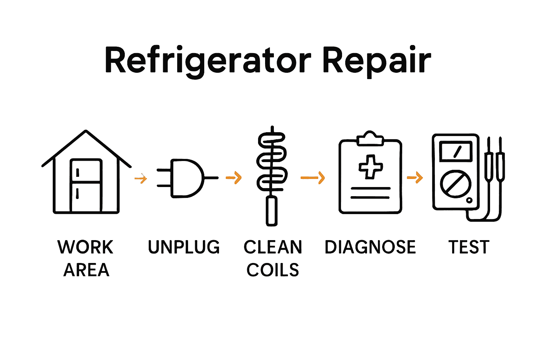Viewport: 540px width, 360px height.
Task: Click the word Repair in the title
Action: pos(377,60)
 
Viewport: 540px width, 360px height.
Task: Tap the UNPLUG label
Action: pos(184,247)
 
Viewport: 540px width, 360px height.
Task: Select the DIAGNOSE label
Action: pos(370,247)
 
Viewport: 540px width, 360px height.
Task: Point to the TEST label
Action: pos(469,247)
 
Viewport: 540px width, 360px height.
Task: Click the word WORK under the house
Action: pos(85,247)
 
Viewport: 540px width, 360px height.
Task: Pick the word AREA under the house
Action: pos(86,270)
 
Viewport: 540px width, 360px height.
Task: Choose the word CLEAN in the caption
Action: pos(273,247)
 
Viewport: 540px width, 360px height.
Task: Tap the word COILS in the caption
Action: pos(273,270)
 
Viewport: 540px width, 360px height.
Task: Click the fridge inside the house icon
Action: pos(86,185)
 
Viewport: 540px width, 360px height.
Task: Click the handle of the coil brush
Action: pos(271,211)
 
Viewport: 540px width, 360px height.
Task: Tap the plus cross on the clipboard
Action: pos(371,166)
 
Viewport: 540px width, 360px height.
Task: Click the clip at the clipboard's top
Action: pos(370,139)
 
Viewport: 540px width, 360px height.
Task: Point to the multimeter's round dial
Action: pos(456,184)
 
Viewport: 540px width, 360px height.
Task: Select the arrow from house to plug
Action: pos(141,178)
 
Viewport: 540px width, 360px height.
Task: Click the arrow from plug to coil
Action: pos(234,177)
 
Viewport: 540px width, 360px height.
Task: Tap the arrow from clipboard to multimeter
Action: pos(415,177)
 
